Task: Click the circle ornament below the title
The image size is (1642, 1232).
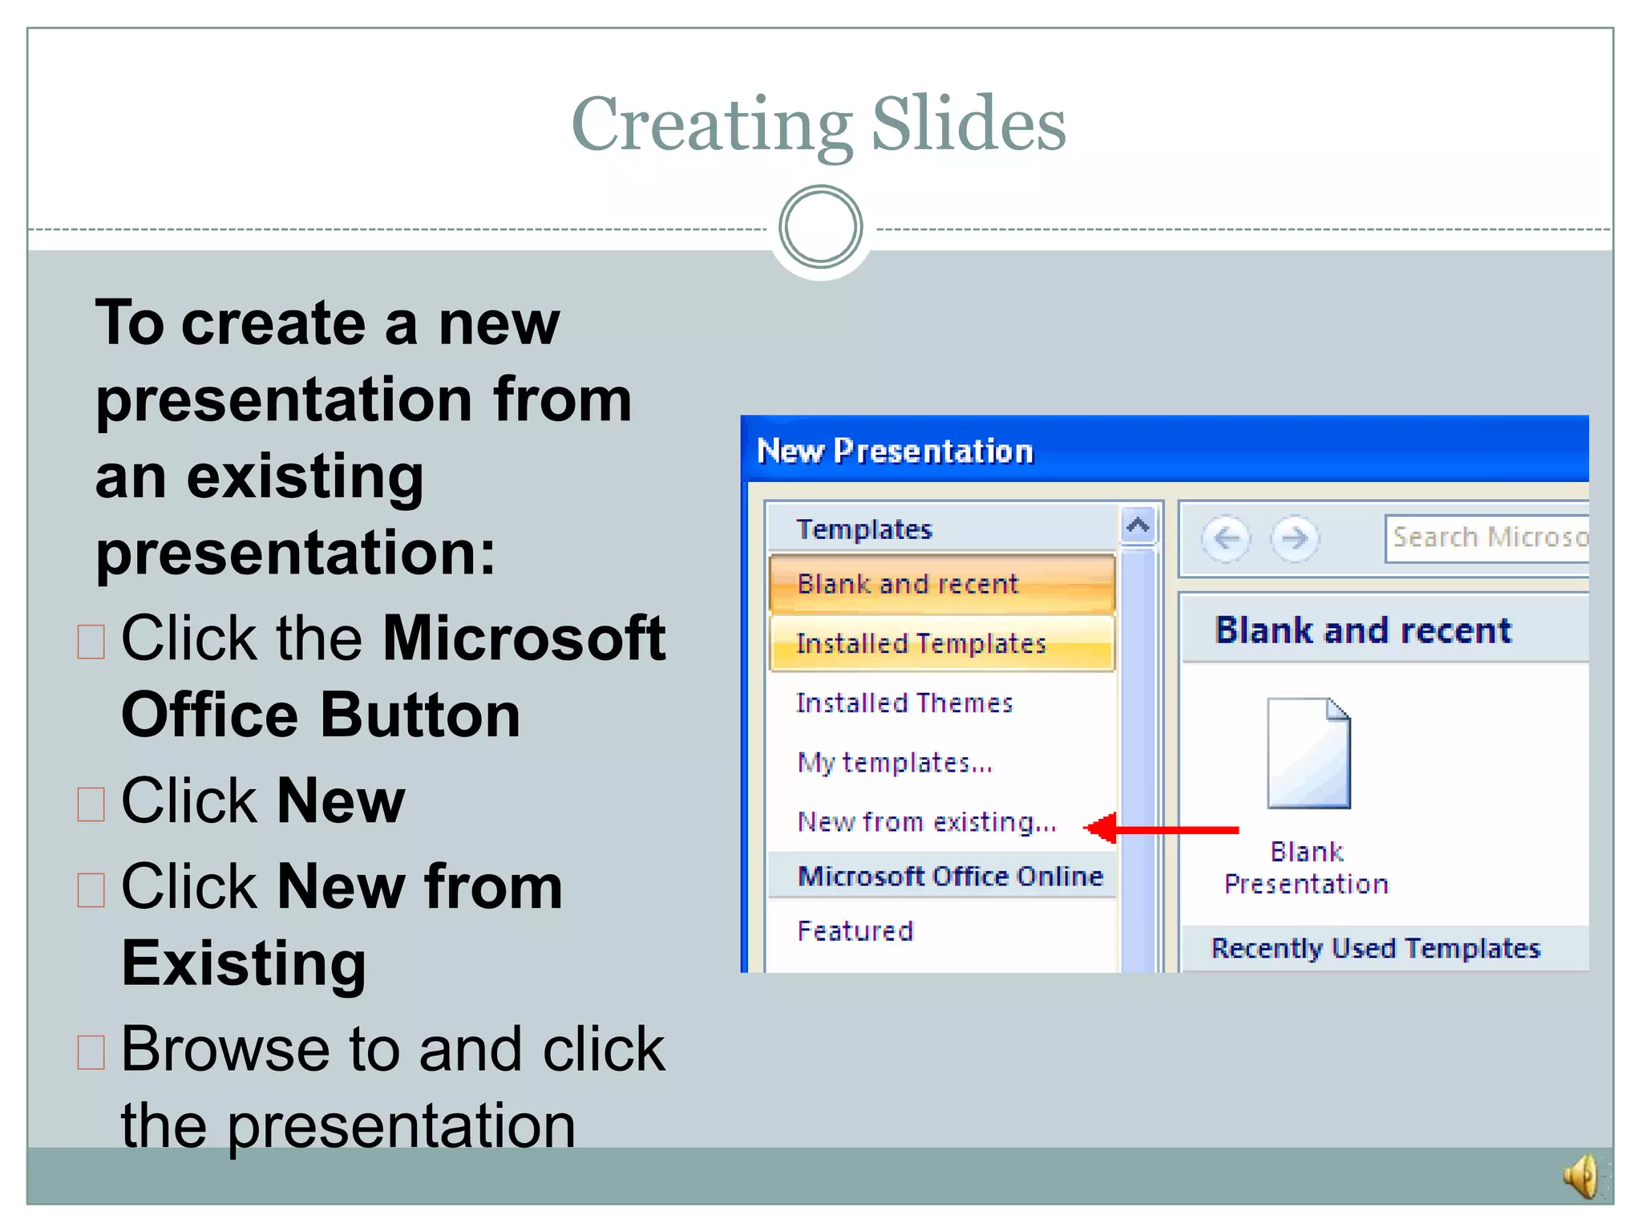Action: [820, 227]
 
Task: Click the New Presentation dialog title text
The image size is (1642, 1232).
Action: [895, 451]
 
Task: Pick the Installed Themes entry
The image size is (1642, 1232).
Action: [904, 703]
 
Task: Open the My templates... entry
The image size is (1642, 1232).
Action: [895, 762]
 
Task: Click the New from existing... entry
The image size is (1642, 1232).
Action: [927, 822]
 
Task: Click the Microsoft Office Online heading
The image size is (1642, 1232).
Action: [950, 876]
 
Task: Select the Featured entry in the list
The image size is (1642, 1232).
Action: [855, 931]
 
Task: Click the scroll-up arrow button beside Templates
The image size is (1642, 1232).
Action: [1138, 526]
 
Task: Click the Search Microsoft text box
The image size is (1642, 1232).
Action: [1488, 537]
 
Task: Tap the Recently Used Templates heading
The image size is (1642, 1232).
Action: [1375, 948]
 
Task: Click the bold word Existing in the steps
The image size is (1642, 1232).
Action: [244, 962]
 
